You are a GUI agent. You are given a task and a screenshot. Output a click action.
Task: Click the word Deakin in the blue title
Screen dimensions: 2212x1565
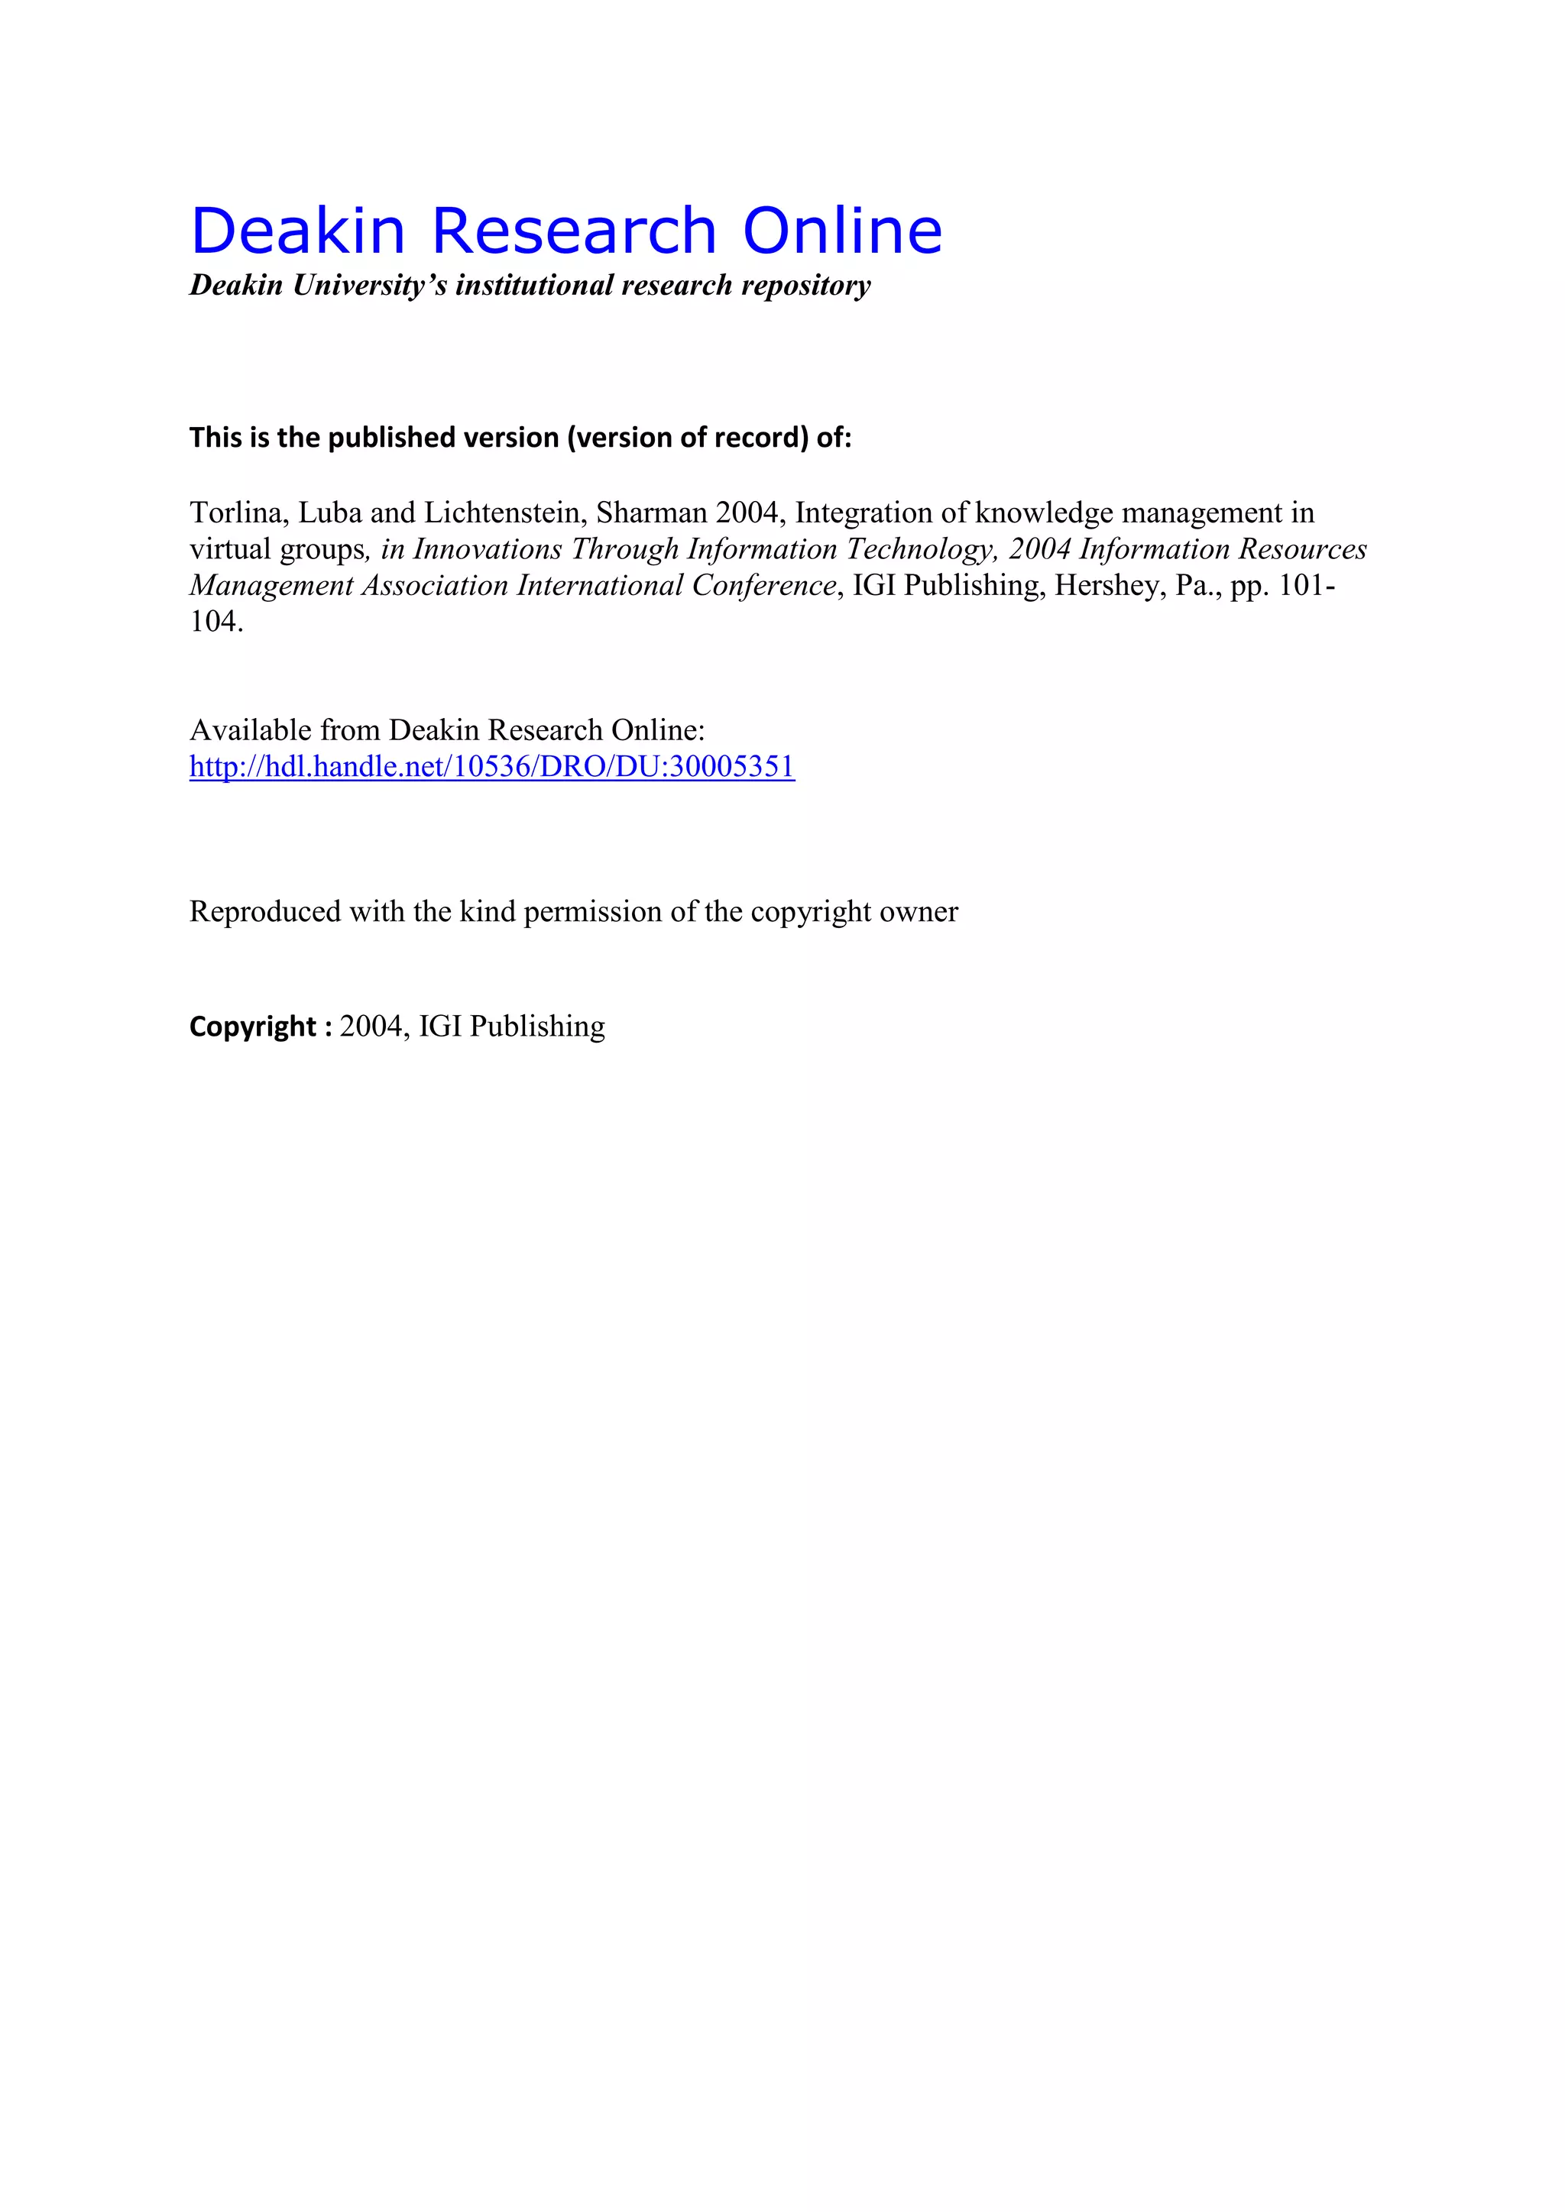tap(298, 231)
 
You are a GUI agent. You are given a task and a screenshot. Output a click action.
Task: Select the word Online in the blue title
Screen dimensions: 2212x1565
tap(842, 231)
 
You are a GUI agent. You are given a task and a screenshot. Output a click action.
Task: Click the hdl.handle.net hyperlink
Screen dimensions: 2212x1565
tap(491, 767)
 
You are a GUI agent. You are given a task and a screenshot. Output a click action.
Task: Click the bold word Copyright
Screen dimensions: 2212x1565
tap(252, 1027)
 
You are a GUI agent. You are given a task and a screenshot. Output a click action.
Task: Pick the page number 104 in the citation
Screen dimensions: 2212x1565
tap(213, 623)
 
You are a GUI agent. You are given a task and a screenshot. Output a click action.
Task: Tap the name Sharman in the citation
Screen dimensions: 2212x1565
tap(651, 513)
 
